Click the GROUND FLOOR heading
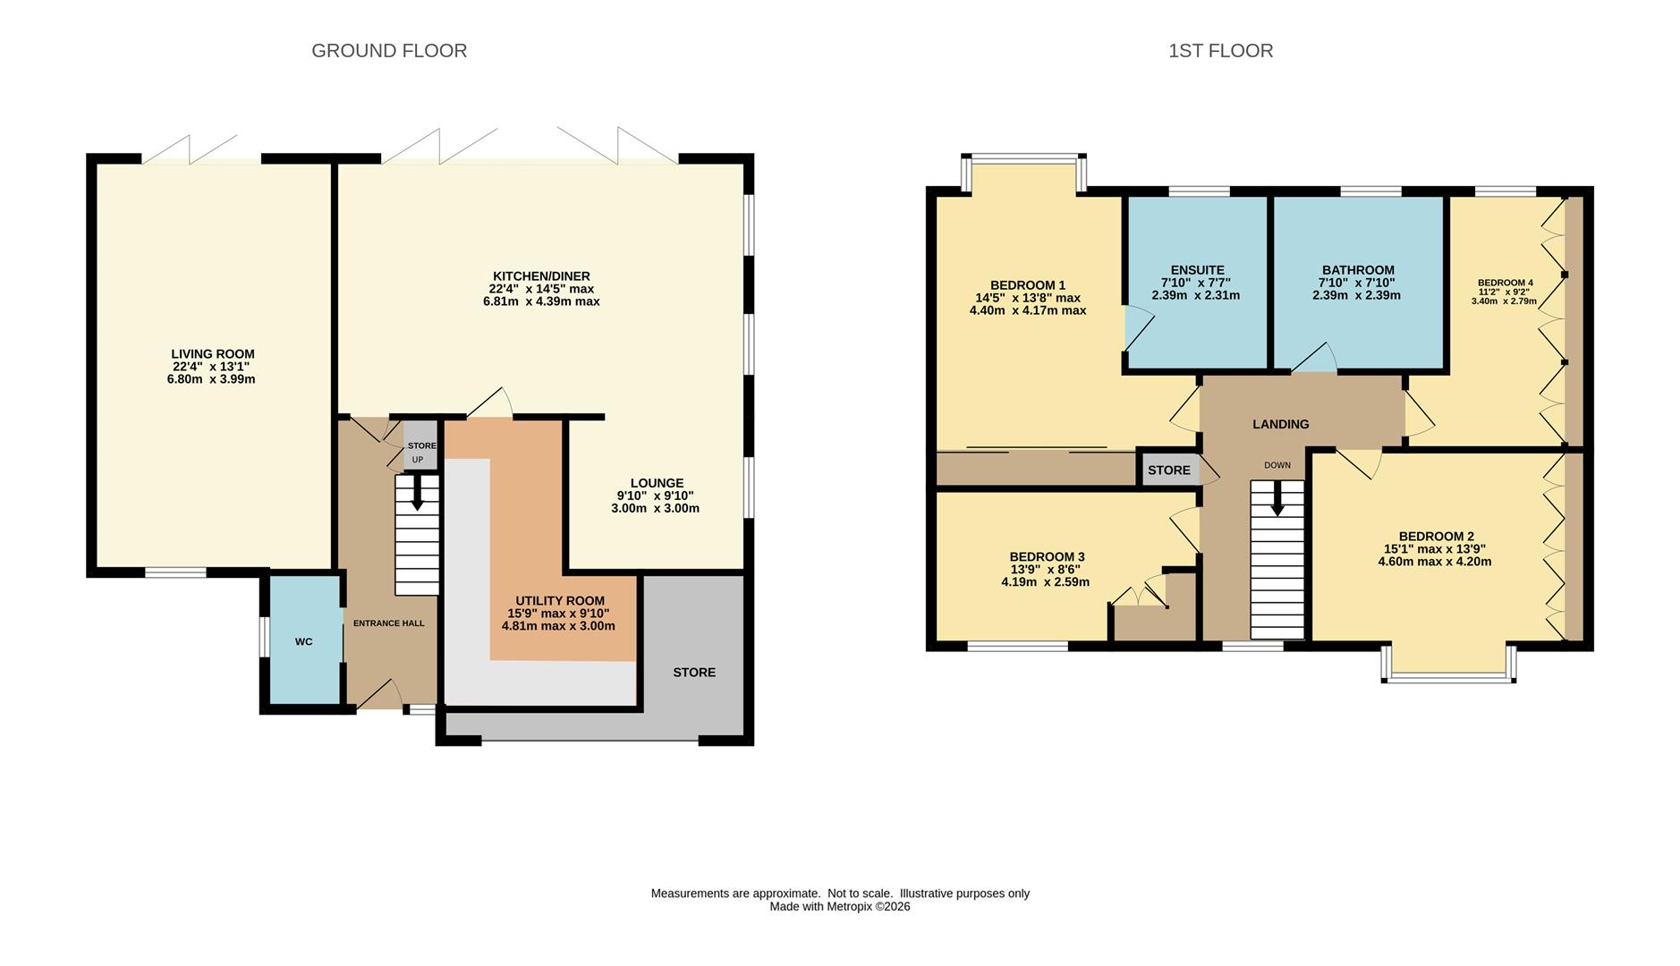click(389, 51)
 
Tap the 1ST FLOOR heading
click(1220, 51)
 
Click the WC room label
click(304, 642)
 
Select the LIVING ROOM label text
click(213, 354)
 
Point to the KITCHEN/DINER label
click(541, 276)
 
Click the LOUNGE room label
click(657, 483)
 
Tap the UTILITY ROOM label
click(560, 601)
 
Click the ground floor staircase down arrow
click(417, 493)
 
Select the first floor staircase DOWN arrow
click(1277, 499)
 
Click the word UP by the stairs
click(418, 460)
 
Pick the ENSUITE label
click(1197, 270)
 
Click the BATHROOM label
click(1358, 270)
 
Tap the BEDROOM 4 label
click(1505, 284)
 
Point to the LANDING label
click(1280, 424)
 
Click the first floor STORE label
click(1169, 470)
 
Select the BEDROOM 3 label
click(1047, 557)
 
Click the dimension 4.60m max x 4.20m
click(1435, 562)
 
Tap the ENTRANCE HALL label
click(388, 623)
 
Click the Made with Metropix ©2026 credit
click(840, 906)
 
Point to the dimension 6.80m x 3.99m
click(211, 379)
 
